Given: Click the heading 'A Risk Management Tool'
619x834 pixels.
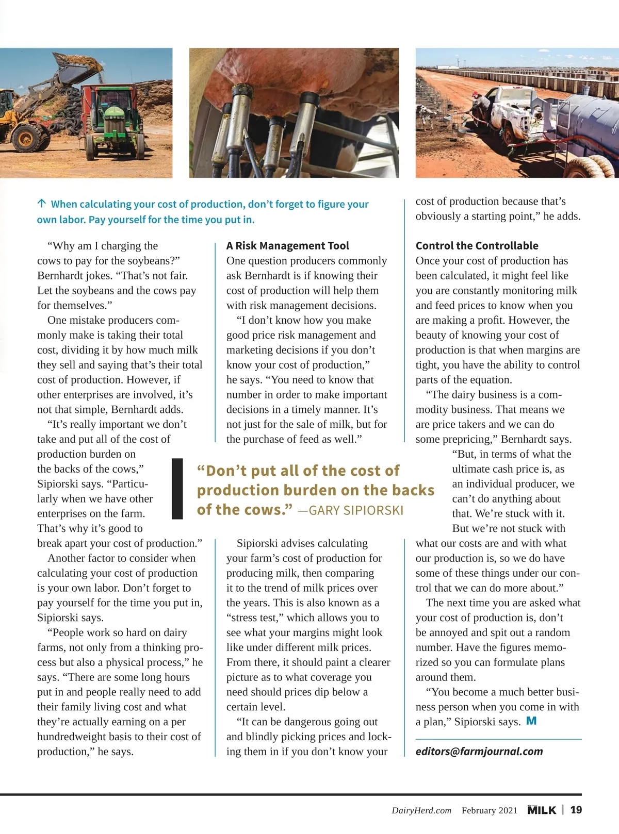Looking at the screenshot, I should (287, 246).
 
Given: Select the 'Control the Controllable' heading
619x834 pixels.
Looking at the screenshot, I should (477, 246).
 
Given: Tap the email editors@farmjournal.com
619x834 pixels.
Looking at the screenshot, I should (479, 752).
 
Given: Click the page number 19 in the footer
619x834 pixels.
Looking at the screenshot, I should (576, 810).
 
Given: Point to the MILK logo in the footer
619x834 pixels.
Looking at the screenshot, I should (542, 810).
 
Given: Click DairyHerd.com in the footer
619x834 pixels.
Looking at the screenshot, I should (421, 810).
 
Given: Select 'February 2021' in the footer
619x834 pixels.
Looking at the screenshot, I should (489, 810).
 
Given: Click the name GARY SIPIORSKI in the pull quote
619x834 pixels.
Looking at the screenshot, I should (356, 510).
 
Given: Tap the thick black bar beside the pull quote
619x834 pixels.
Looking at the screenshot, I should (177, 488).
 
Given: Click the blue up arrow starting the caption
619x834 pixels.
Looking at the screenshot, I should (42, 204).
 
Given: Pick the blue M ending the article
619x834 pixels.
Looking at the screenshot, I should (531, 721).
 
